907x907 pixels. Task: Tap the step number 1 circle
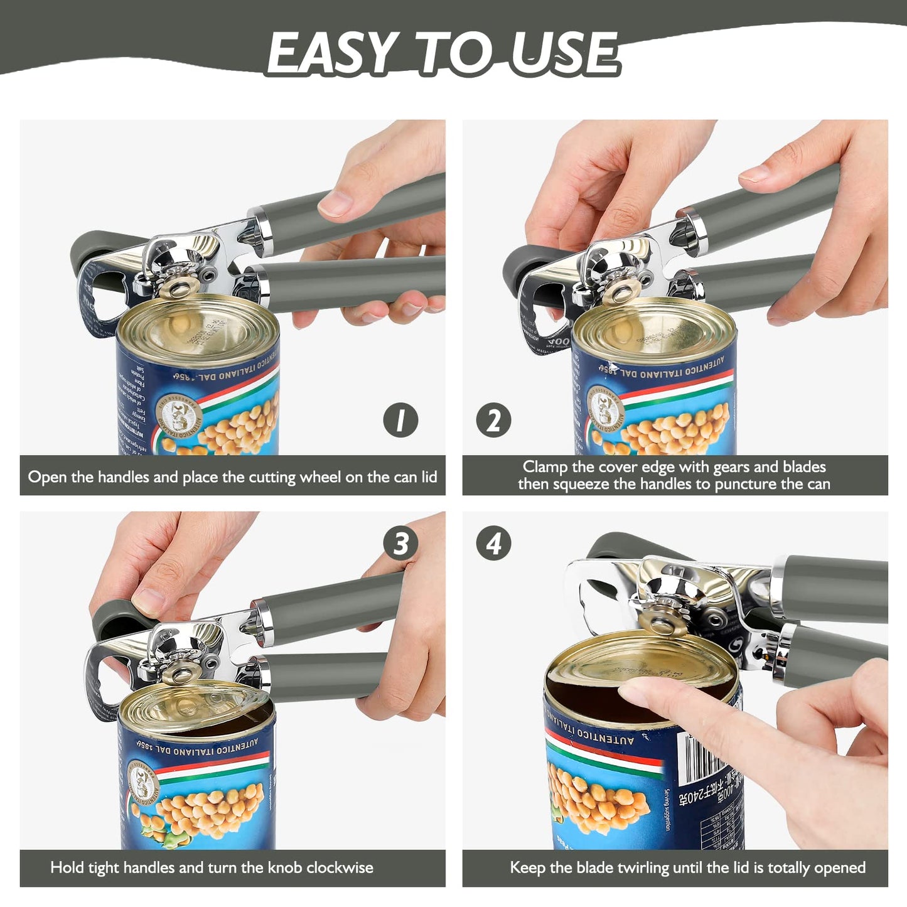click(x=400, y=421)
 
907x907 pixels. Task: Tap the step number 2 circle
click(x=493, y=421)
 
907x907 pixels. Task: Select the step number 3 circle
click(x=400, y=544)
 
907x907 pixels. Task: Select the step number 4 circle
click(x=493, y=544)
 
